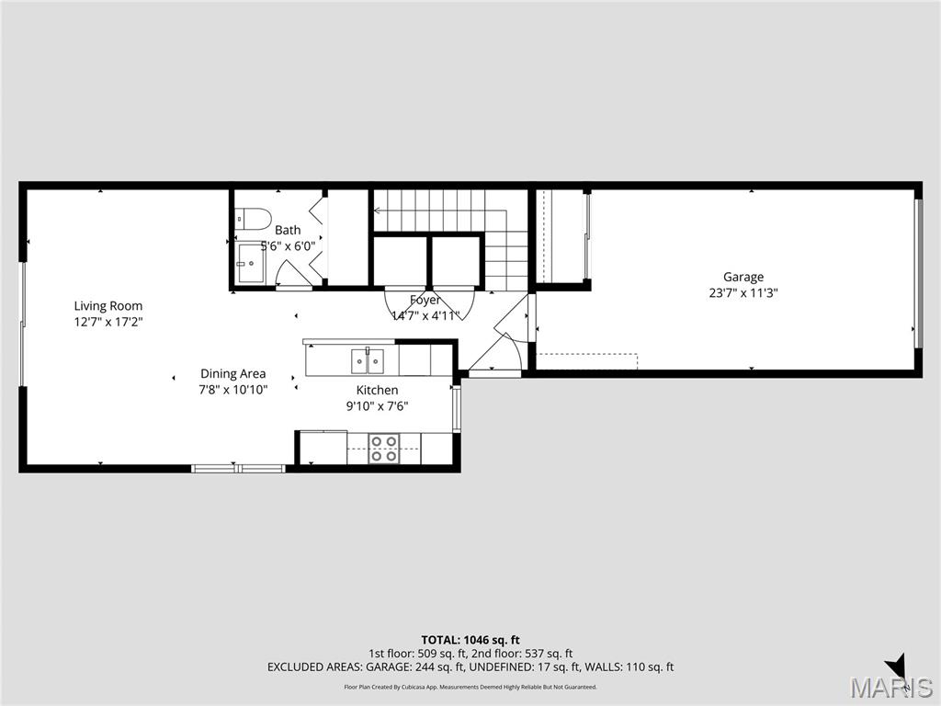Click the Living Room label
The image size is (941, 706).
point(108,306)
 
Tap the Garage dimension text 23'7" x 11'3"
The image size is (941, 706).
point(743,293)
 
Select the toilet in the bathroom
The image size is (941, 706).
point(252,219)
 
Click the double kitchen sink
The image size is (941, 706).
point(368,360)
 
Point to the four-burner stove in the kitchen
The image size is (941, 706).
point(383,449)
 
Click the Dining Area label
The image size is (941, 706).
point(233,373)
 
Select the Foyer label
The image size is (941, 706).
point(425,301)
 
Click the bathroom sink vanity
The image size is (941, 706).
point(249,263)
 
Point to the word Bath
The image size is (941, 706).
point(288,230)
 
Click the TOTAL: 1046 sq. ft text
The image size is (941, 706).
point(470,639)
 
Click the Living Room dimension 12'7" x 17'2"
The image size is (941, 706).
point(108,322)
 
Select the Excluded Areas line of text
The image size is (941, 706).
point(470,667)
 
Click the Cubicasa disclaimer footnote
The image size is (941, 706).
point(470,687)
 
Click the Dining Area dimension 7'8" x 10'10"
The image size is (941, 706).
point(233,389)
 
